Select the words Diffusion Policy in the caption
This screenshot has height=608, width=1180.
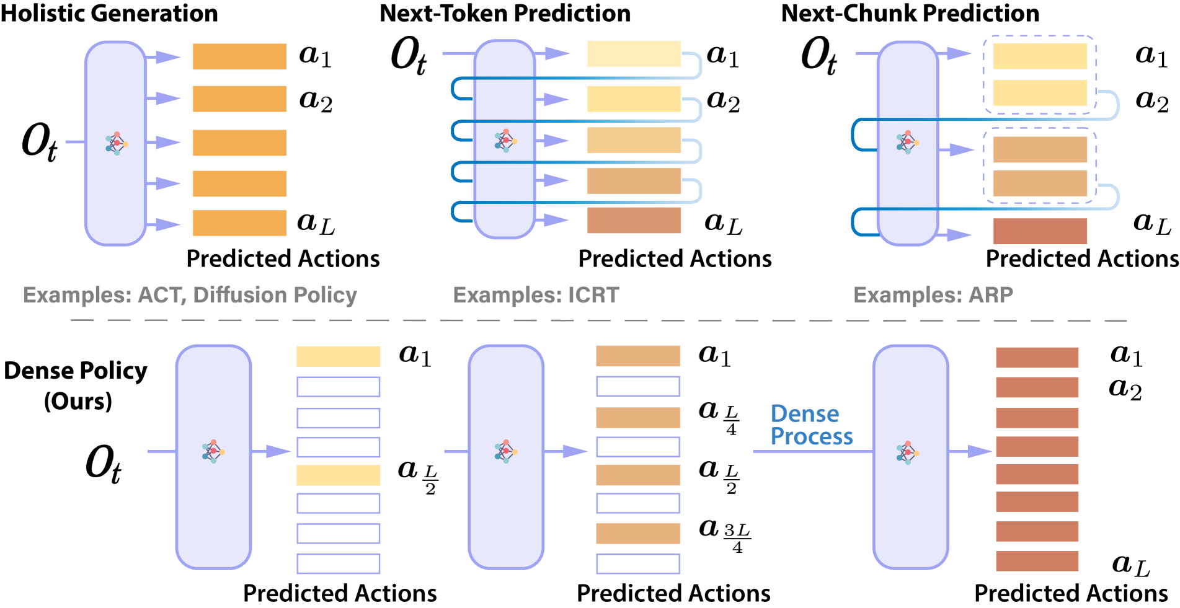click(x=275, y=295)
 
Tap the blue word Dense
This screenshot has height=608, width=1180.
click(x=804, y=413)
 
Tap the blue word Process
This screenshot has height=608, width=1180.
click(x=811, y=436)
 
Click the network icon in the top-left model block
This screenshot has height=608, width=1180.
click(x=116, y=143)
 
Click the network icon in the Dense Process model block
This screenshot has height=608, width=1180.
click(x=907, y=452)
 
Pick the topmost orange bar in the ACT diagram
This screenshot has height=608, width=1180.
click(x=239, y=56)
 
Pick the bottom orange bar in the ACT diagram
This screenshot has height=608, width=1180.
click(x=239, y=223)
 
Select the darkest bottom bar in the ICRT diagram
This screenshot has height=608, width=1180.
click(x=634, y=221)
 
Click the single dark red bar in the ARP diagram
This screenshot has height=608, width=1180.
click(x=1040, y=231)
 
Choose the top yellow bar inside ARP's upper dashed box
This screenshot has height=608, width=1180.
click(x=1040, y=56)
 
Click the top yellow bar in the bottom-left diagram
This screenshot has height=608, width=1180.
click(x=338, y=356)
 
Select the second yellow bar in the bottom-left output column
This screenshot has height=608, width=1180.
click(x=338, y=475)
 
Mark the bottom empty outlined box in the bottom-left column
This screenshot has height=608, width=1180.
click(x=338, y=564)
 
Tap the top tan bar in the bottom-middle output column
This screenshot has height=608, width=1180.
click(x=638, y=356)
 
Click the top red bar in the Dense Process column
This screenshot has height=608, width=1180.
click(x=1037, y=358)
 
